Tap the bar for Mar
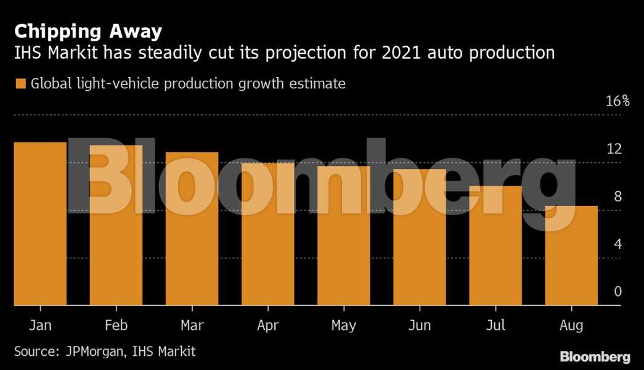click(x=192, y=229)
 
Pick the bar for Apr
click(x=267, y=234)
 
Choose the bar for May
click(x=343, y=236)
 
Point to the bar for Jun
click(x=419, y=237)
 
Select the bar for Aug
click(x=571, y=255)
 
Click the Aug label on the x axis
click(x=571, y=326)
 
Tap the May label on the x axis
click(x=343, y=326)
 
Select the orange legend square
click(x=20, y=83)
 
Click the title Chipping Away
click(x=88, y=31)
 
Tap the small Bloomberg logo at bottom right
click(x=595, y=357)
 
